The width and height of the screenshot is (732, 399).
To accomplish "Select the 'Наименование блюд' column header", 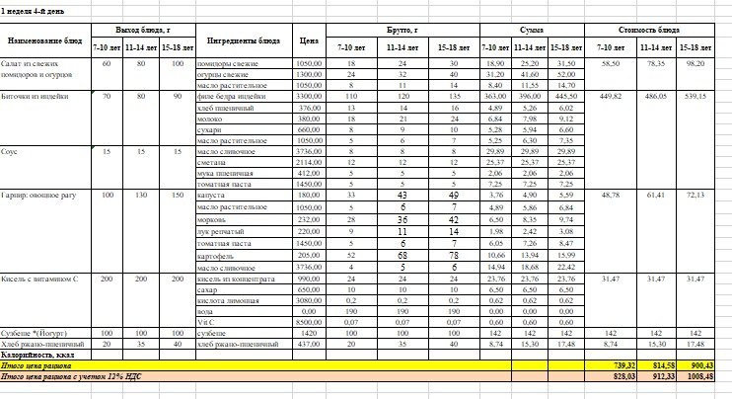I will point(44,41).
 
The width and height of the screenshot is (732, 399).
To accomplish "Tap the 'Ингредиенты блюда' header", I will point(244,41).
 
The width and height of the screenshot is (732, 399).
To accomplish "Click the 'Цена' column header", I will point(308,41).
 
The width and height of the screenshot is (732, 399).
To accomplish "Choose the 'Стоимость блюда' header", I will point(649,32).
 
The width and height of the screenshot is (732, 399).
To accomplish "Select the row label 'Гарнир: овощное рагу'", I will point(37,197).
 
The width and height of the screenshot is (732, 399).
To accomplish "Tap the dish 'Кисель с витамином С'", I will point(37,279).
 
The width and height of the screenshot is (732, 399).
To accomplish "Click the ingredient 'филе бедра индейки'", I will point(230,98).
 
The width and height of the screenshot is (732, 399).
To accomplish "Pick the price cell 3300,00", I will point(310,98).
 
